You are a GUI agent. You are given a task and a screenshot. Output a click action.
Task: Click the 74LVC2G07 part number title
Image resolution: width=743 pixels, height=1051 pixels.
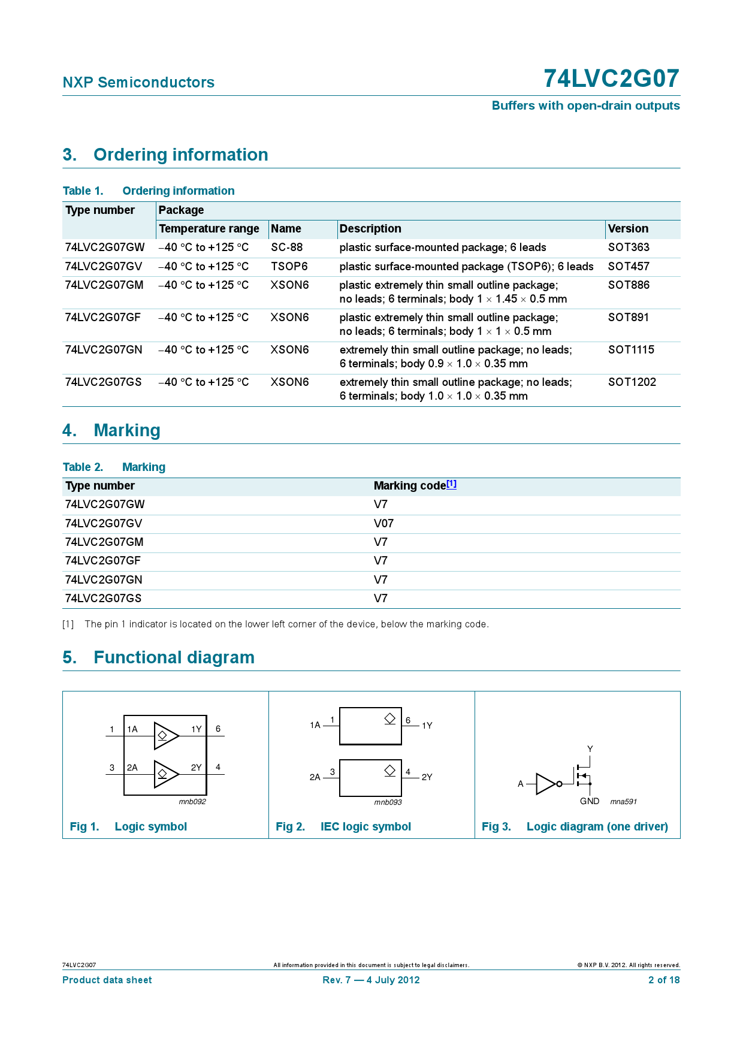tap(611, 78)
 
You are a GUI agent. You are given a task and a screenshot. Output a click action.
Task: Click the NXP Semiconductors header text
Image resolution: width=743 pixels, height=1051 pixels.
tap(138, 82)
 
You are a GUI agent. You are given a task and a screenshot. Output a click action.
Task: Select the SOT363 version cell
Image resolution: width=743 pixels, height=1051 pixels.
tap(629, 247)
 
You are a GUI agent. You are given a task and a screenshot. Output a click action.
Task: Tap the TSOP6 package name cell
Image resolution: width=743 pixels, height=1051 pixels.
tap(289, 267)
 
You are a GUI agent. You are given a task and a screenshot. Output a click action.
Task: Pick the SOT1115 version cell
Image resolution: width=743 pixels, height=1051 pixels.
tap(631, 350)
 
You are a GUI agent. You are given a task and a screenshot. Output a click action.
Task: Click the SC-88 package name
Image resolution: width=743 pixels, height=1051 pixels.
tap(286, 247)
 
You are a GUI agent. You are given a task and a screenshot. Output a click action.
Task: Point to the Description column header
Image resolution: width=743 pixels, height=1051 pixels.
tap(370, 229)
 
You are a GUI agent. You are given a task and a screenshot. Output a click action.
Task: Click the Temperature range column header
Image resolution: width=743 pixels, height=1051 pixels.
tap(209, 229)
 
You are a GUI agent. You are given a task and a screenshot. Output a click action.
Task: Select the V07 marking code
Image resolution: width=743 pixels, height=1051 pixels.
tap(383, 524)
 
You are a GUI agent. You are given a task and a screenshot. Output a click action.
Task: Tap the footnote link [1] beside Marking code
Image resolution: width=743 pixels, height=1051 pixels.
tap(451, 484)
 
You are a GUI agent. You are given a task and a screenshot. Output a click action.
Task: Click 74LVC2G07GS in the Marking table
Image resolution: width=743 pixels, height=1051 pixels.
tap(103, 599)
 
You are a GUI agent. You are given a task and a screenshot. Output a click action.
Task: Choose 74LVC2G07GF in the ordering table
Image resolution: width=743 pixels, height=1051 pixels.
tap(102, 318)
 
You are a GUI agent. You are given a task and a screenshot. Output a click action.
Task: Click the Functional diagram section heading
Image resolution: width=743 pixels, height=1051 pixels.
tap(174, 657)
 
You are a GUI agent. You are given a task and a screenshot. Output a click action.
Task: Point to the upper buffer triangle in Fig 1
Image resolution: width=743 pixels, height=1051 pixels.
tap(165, 735)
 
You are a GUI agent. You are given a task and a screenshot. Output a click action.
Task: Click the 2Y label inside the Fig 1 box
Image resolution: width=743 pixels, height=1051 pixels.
tap(196, 768)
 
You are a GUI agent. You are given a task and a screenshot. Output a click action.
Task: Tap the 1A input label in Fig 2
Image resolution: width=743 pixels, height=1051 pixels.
tap(315, 725)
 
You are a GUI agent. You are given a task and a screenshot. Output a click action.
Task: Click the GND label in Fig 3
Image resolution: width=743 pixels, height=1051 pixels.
tap(589, 801)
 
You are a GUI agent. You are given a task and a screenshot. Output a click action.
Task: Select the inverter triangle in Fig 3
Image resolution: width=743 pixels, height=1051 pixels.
tap(545, 784)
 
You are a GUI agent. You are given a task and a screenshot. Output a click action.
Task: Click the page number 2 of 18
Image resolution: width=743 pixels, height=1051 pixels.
tap(663, 980)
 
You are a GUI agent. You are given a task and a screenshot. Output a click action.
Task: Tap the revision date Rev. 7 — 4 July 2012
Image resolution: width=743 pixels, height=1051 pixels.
tap(371, 980)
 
